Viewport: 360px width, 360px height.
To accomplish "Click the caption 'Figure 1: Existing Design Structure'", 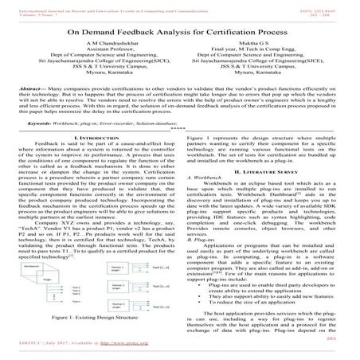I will [94, 341].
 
